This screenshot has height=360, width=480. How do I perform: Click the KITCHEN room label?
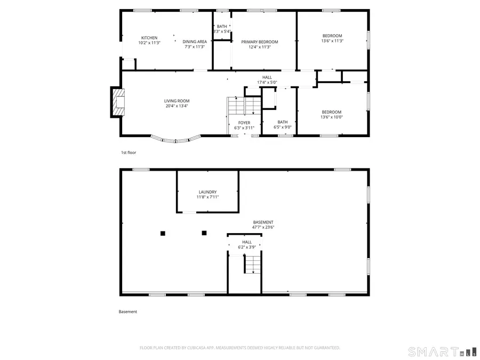point(149,38)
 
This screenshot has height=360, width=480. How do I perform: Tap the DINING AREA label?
point(195,42)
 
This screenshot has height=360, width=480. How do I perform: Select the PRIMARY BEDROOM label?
point(260,42)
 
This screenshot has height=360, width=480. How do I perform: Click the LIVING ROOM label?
point(177,101)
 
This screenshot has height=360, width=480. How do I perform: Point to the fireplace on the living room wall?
point(117,102)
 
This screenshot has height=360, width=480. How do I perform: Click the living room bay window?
point(176,140)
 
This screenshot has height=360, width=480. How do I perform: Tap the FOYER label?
point(244,123)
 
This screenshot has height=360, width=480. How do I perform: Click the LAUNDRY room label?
point(207,192)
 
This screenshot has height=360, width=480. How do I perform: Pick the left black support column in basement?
point(163,233)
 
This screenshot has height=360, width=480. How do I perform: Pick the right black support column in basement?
point(204,233)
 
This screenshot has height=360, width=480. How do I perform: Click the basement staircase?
point(253,264)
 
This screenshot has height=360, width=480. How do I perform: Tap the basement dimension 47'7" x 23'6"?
point(263,227)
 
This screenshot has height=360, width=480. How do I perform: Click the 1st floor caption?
point(129,153)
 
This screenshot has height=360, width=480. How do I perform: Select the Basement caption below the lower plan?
point(128,312)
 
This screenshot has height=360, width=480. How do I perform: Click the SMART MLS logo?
point(437,351)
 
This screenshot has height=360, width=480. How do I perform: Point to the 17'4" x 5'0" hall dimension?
point(267,82)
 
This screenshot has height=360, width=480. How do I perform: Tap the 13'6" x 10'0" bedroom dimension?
point(331,117)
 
